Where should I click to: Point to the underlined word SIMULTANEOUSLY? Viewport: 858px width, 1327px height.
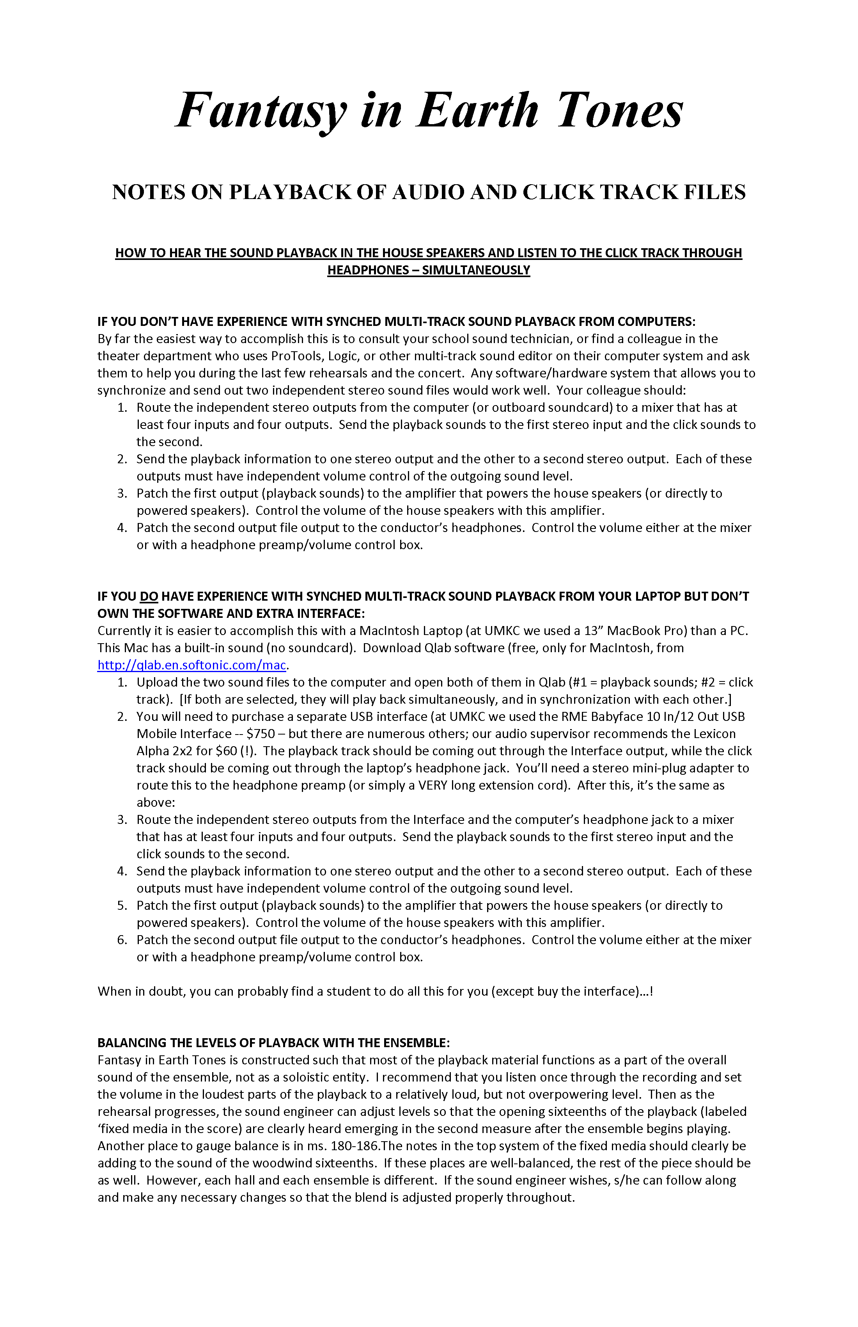(x=476, y=270)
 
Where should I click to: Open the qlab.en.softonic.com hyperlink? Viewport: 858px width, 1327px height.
(x=192, y=665)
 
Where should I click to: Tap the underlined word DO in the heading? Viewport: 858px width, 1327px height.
(x=149, y=597)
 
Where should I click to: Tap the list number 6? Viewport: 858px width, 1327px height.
(x=122, y=940)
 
